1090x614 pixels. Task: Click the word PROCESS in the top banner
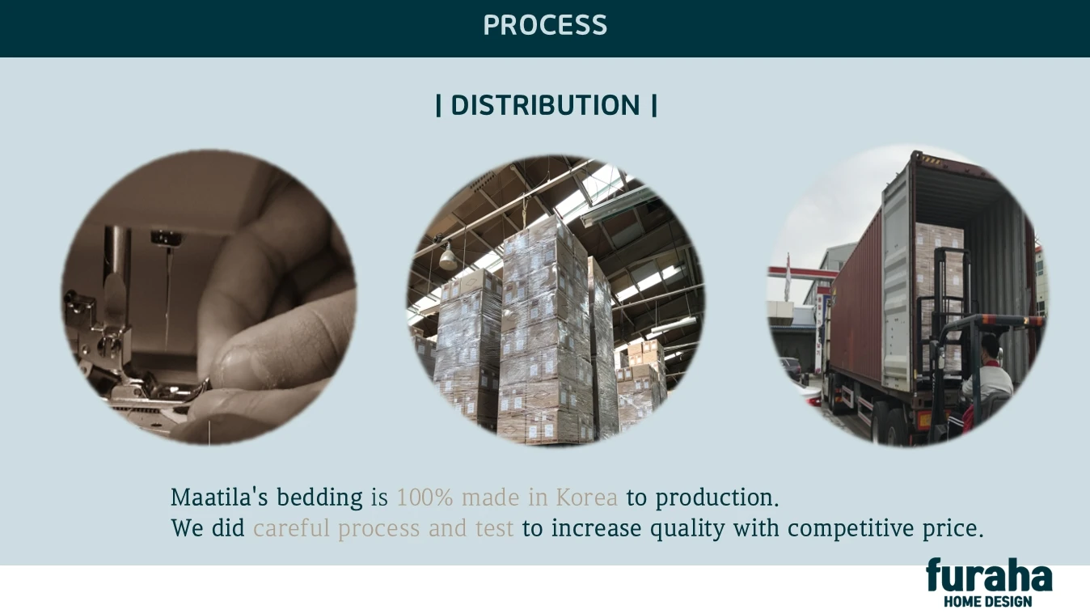pyautogui.click(x=545, y=25)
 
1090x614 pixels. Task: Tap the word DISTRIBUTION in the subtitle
pyautogui.click(x=546, y=105)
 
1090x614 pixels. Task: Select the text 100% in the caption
pyautogui.click(x=425, y=498)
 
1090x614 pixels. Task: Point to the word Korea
pyautogui.click(x=587, y=498)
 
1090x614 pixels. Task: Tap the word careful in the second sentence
pyautogui.click(x=291, y=528)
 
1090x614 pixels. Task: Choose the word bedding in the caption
pyautogui.click(x=319, y=498)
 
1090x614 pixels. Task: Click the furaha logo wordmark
pyautogui.click(x=989, y=575)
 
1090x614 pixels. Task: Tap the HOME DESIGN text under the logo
pyautogui.click(x=988, y=602)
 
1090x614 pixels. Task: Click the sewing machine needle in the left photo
pyautogui.click(x=169, y=297)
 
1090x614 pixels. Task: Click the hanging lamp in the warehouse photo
pyautogui.click(x=448, y=256)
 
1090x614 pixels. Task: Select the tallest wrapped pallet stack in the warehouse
pyautogui.click(x=545, y=331)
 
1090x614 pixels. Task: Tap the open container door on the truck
pyautogui.click(x=897, y=282)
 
